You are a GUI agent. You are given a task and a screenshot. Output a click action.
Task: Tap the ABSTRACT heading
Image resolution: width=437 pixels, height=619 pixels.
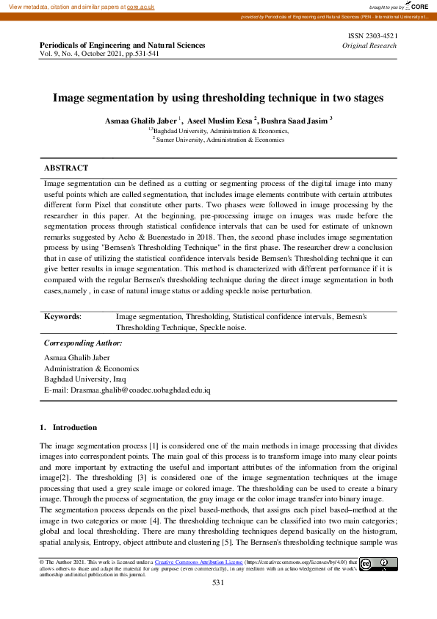click(66, 168)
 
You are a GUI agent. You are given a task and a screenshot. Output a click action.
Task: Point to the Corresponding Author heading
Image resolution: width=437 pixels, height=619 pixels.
click(83, 343)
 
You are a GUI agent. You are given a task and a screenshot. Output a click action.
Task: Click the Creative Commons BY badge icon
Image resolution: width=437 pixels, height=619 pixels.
click(378, 565)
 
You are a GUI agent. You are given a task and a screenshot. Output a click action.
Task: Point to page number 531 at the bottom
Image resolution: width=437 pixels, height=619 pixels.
click(217, 582)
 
